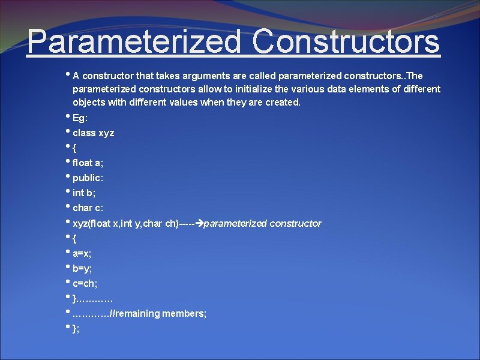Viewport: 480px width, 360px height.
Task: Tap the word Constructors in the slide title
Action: point(346,42)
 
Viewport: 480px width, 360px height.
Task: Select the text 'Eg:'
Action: point(80,118)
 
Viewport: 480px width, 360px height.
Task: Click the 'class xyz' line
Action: point(93,133)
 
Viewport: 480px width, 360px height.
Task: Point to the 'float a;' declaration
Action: point(88,163)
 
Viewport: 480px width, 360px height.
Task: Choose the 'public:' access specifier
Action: point(88,178)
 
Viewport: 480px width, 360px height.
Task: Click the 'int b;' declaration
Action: point(84,193)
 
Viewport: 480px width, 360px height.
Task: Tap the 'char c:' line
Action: point(88,208)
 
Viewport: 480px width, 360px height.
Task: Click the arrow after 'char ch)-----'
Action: point(200,223)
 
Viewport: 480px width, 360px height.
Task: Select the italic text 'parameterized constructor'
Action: point(263,223)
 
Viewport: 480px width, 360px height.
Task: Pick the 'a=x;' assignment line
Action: point(82,253)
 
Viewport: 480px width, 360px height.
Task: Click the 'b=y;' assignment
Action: point(82,268)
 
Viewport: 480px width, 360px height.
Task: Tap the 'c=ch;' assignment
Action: point(85,283)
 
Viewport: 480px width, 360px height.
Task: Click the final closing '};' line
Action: point(76,329)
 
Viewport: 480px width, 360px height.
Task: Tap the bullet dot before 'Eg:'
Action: point(68,116)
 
